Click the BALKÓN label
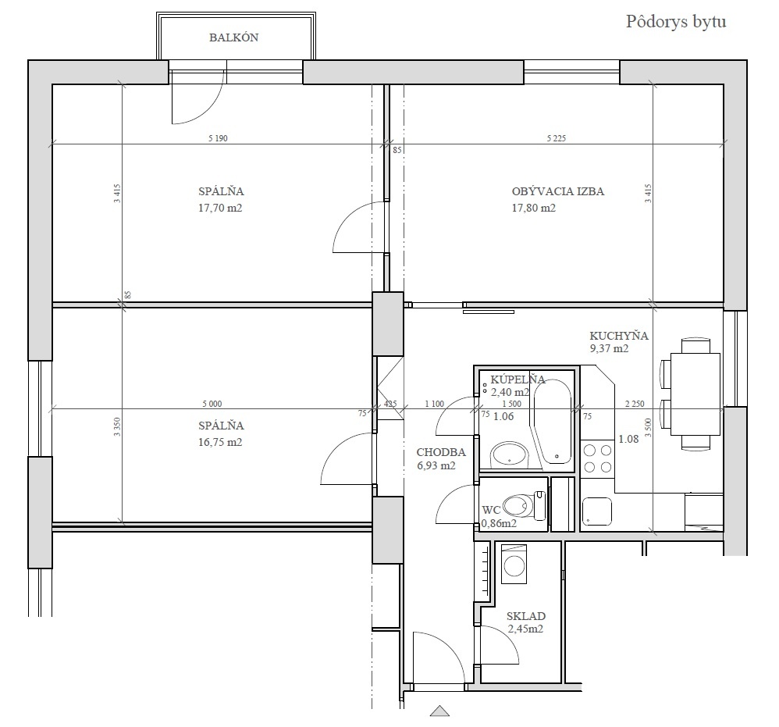233,37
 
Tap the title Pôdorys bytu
676,22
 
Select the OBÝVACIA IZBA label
558,191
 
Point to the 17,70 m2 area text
220,208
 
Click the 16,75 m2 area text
220,442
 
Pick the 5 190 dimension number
218,138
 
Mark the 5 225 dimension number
557,138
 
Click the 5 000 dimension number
212,404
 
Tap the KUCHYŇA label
619,336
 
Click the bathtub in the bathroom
553,422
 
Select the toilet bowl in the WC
517,506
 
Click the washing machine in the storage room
514,565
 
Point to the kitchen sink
596,511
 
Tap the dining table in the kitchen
695,394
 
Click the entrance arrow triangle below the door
439,711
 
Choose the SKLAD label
526,616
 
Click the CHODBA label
441,452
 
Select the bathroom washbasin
509,454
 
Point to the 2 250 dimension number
635,404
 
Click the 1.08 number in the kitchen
628,439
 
